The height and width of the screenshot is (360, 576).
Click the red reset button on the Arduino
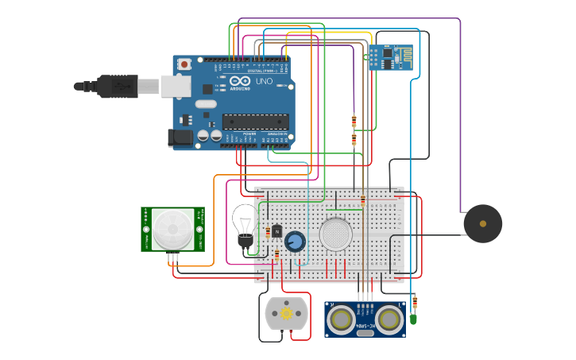[184, 64]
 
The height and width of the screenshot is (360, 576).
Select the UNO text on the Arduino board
[263, 81]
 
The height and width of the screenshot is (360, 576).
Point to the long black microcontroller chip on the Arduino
[254, 122]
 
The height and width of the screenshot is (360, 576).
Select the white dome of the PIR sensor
[172, 229]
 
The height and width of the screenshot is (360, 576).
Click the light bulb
[244, 220]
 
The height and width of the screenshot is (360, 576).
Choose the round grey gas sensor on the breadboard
[336, 234]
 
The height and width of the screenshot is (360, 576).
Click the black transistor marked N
[276, 230]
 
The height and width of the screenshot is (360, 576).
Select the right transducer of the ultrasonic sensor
[389, 319]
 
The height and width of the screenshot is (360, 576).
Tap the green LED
[413, 319]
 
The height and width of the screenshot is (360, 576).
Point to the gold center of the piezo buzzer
[483, 224]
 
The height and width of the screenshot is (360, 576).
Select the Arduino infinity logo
[240, 81]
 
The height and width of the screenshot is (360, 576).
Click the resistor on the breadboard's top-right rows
[363, 200]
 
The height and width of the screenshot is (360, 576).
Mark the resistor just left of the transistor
[276, 254]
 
